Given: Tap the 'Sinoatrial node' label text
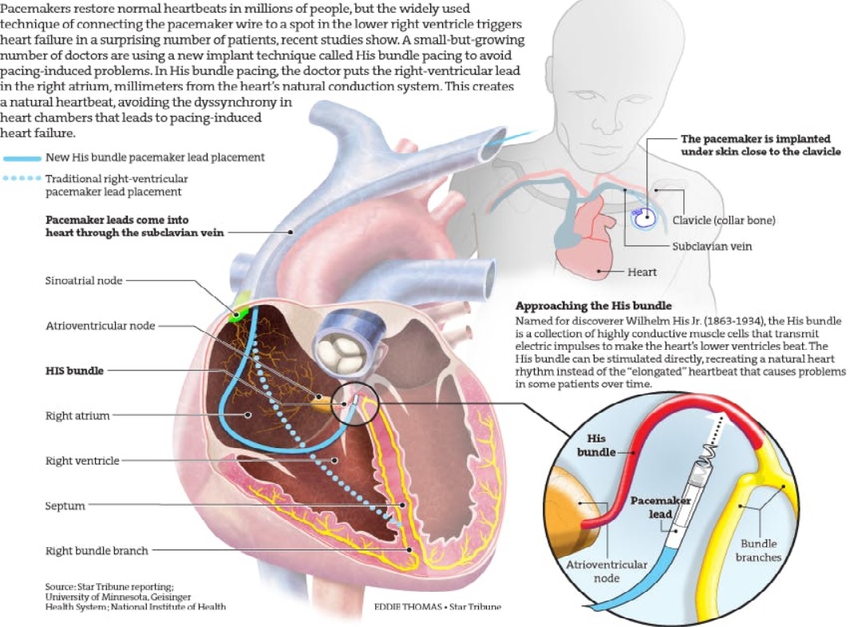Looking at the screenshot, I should [x=85, y=280].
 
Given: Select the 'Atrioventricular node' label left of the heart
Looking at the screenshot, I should [x=101, y=325].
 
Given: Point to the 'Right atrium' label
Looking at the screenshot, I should [x=78, y=415].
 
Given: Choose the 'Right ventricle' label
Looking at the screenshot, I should [x=83, y=460].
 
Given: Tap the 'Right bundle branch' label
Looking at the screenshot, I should [x=97, y=550].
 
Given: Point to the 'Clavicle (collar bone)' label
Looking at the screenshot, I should [x=723, y=220].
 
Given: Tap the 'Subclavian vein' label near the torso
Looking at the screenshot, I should [x=712, y=246].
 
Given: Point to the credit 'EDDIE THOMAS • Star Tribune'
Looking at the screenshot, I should [x=437, y=607].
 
